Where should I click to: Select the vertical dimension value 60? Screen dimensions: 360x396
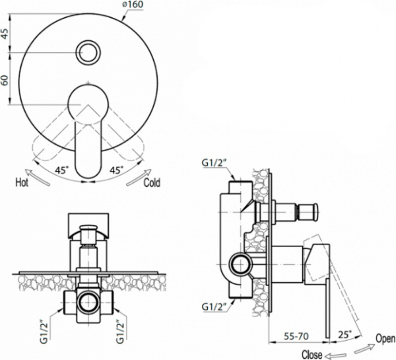coord(6,79)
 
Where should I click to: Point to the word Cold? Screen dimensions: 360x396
coord(152,182)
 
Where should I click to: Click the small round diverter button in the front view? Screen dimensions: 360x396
coord(87,52)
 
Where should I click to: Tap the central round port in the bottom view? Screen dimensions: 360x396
coord(87,303)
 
